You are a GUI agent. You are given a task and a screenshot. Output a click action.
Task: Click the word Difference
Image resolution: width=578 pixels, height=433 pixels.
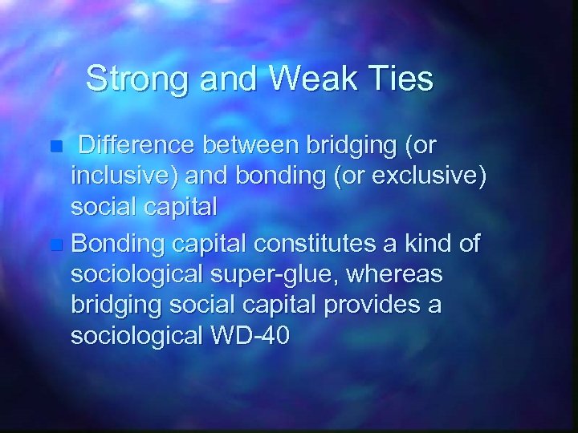pyautogui.click(x=142, y=147)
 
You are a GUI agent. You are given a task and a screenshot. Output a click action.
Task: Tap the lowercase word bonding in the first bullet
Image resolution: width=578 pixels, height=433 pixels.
pyautogui.click(x=270, y=176)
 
